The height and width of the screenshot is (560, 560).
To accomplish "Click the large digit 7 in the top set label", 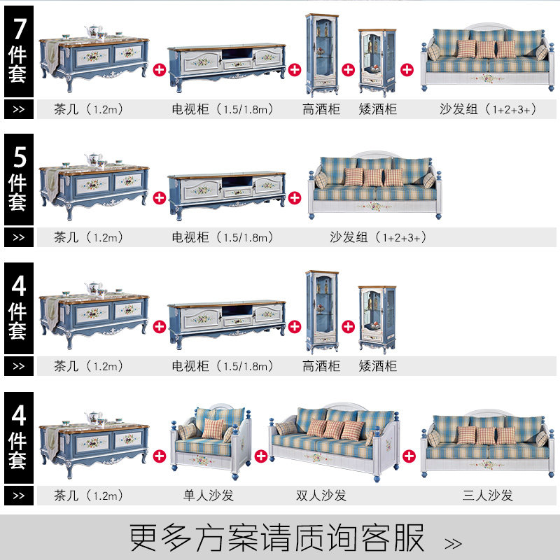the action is [20, 29].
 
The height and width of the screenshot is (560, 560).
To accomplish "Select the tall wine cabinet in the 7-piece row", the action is [322, 55].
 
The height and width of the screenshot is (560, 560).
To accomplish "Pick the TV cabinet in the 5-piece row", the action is [227, 195].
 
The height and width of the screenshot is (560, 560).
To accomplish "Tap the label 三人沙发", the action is [487, 496].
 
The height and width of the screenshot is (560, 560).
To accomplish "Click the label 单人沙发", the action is [208, 496].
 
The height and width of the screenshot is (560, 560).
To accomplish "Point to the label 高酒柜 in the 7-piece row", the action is [321, 109].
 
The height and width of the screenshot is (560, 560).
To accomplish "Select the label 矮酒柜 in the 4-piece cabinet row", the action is [377, 366].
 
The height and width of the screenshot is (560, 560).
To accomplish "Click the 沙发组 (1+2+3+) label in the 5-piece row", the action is [378, 237].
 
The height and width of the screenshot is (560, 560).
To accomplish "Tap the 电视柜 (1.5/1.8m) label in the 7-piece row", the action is [223, 109].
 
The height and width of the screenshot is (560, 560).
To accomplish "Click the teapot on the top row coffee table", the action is [94, 31].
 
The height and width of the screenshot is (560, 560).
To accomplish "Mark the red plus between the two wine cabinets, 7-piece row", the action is [348, 69].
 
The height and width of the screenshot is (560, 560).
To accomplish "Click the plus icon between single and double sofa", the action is [260, 456].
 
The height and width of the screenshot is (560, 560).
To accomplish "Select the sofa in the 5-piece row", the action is [375, 185].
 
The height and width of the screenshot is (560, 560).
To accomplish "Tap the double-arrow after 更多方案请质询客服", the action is [453, 544].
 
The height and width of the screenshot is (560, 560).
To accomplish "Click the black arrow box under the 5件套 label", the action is [19, 237].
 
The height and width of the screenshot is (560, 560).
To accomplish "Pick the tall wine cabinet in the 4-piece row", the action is [322, 312].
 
